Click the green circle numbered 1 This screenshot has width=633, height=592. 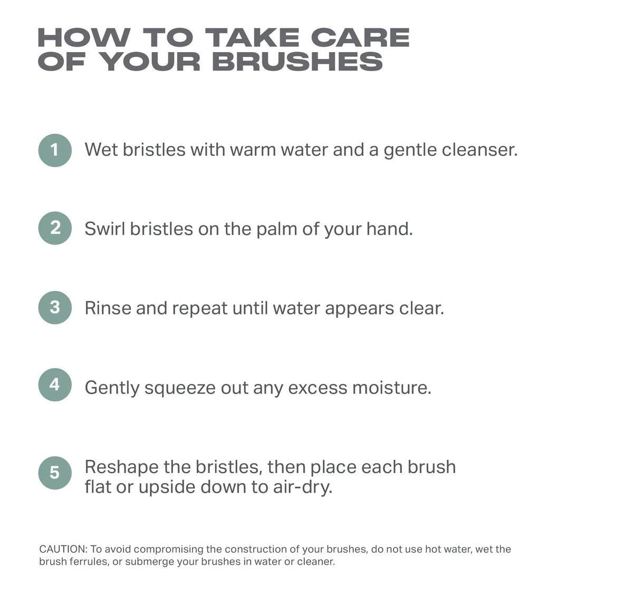pos(55,150)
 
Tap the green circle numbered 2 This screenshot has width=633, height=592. pos(55,228)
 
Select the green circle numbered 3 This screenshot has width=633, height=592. pos(55,308)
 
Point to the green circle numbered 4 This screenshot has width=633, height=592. pos(55,385)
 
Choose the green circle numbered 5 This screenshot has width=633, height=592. pos(55,472)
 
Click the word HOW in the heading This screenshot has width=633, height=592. pos(84,37)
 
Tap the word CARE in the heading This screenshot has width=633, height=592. pos(360,37)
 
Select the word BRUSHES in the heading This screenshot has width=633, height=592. pos(297,62)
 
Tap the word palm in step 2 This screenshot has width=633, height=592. pos(276,230)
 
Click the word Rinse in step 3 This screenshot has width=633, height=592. pos(108,308)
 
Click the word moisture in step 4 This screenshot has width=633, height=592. pos(392,388)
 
